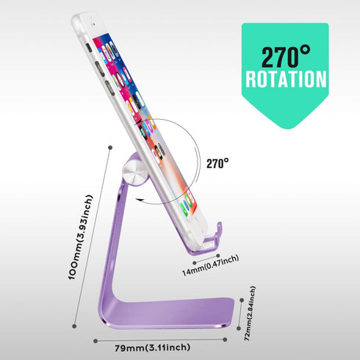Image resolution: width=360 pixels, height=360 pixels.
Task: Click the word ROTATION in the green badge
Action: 286,79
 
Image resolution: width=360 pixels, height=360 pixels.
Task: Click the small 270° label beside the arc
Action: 217,163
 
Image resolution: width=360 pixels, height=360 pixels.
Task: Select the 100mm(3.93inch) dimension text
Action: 80,237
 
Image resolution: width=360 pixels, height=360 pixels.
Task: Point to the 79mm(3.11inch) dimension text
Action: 153,348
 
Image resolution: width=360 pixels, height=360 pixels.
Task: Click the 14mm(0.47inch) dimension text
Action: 210,266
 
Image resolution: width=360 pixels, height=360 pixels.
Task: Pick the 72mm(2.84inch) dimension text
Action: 250,313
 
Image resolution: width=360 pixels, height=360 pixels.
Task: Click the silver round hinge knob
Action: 135,172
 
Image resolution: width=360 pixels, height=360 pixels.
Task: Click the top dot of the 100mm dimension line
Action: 110,148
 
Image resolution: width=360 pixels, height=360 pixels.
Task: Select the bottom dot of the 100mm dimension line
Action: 74,326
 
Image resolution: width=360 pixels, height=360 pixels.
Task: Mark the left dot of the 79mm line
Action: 96,341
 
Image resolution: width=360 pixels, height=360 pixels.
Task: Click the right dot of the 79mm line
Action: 225,339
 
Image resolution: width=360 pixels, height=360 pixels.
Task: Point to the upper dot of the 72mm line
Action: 242,300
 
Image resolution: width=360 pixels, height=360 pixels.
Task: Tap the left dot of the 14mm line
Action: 195,263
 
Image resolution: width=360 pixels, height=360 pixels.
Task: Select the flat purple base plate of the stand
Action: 169,314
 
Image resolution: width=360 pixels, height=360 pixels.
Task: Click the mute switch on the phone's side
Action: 89,48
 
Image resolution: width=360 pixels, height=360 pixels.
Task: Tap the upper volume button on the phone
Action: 100,69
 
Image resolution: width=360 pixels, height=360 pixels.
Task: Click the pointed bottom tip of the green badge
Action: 288,129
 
